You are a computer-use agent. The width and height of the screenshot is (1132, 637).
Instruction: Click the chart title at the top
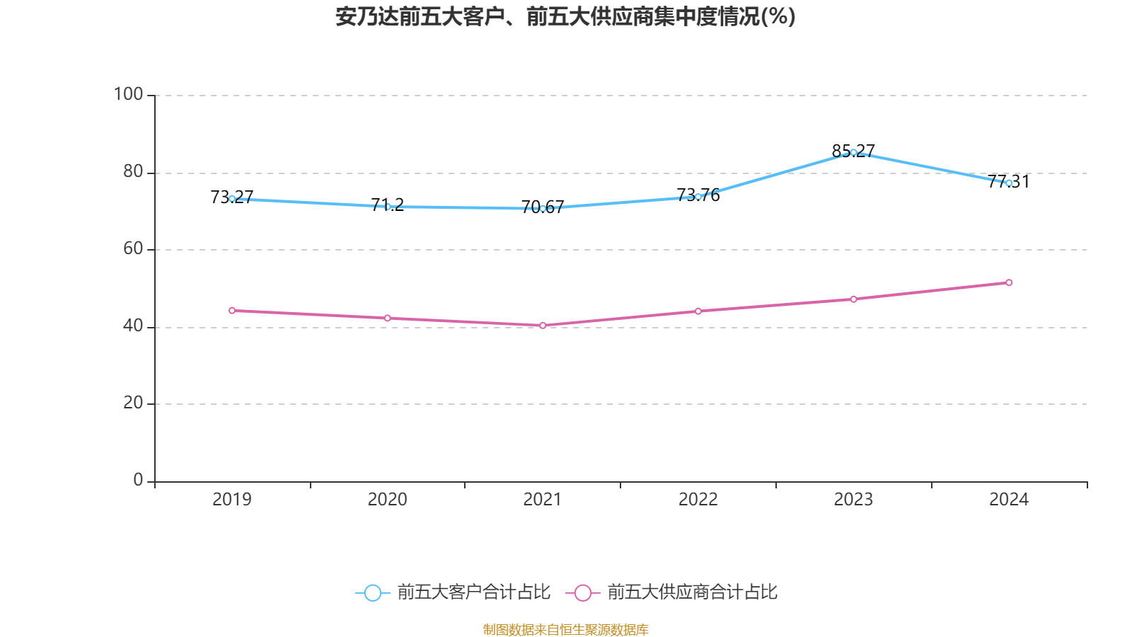(x=565, y=16)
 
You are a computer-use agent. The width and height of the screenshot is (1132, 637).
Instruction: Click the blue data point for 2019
(x=232, y=199)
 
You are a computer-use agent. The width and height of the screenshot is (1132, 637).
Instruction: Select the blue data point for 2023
(x=853, y=152)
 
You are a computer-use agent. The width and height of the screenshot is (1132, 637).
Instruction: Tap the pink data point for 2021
(x=543, y=326)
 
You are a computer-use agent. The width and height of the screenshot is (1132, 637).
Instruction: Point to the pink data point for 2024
(x=1009, y=282)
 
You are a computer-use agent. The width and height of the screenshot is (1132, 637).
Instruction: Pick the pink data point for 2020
(x=387, y=318)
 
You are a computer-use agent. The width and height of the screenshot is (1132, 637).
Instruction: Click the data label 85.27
(x=853, y=150)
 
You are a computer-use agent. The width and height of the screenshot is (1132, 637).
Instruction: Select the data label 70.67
(x=543, y=207)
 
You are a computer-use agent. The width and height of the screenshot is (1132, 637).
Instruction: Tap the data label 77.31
(x=1009, y=181)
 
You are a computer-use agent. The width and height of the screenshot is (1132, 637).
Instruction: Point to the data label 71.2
(x=387, y=205)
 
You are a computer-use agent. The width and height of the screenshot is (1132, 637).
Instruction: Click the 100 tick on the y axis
(x=128, y=94)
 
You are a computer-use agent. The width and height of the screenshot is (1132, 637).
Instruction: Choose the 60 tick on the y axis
(x=133, y=248)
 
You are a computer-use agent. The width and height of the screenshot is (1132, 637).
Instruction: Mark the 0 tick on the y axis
(x=138, y=480)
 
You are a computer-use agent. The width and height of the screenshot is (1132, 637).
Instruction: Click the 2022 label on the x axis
(x=698, y=500)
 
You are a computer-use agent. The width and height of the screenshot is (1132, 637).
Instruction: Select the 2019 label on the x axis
(x=232, y=500)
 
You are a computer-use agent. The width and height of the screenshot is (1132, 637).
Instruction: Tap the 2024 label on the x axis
(x=1009, y=500)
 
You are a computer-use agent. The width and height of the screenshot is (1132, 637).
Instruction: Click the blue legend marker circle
(x=372, y=592)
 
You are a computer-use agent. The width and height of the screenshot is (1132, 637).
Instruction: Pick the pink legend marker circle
(x=582, y=592)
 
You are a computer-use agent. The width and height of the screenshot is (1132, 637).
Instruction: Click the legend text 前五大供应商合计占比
(x=692, y=592)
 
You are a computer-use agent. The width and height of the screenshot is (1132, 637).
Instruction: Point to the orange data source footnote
(x=565, y=629)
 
